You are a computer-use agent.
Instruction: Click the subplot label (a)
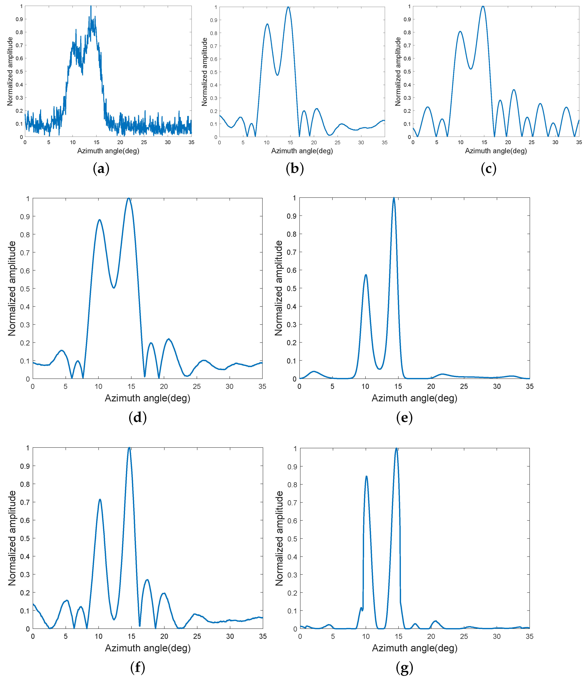(x=101, y=169)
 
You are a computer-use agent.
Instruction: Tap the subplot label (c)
(x=488, y=169)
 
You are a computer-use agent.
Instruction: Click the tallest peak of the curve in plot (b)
(x=288, y=7)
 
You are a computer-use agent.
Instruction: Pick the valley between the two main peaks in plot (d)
(x=114, y=288)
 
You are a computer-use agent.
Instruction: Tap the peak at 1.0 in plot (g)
(x=396, y=448)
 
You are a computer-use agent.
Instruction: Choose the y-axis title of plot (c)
(x=398, y=72)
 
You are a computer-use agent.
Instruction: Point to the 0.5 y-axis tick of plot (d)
(x=25, y=289)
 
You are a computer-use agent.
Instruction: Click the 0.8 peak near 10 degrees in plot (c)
(x=460, y=31)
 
